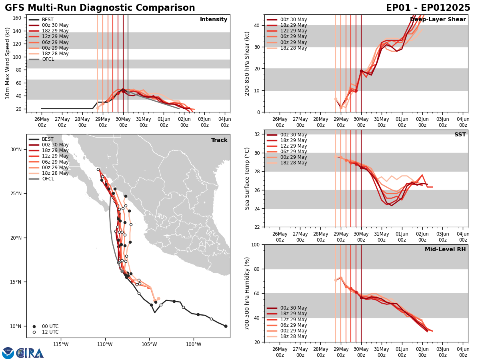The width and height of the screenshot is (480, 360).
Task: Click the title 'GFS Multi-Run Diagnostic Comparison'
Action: [100, 8]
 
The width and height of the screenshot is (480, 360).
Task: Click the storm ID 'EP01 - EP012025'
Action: [428, 8]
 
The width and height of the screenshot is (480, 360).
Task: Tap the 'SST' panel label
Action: [460, 135]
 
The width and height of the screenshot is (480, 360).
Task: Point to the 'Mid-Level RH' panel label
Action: [445, 250]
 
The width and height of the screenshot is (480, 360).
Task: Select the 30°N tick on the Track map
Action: [16, 150]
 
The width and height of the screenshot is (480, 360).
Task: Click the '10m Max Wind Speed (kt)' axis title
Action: [7, 63]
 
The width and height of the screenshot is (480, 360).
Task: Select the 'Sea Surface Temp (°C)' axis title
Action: [247, 178]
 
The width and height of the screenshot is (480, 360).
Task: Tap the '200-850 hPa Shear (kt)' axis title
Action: [247, 63]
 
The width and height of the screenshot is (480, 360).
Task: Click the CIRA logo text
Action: [30, 353]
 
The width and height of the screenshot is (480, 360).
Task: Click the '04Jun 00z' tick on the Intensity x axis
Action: [225, 122]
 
